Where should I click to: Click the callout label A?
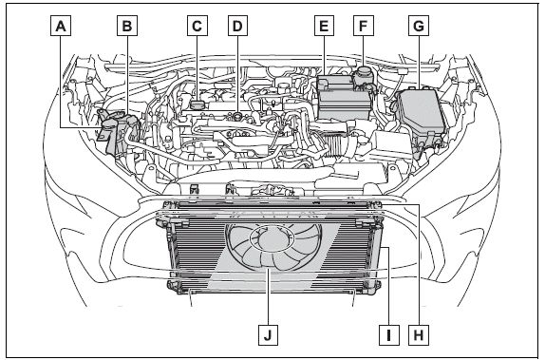[x=62, y=27]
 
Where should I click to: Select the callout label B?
[x=124, y=27]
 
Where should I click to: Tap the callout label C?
[x=196, y=27]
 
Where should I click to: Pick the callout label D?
[x=235, y=27]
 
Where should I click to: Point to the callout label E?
[x=325, y=27]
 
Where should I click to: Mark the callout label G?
[x=416, y=27]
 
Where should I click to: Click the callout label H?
[x=417, y=333]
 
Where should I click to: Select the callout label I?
[x=387, y=333]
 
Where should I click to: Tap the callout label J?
[x=269, y=333]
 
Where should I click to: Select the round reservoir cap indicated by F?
[x=361, y=74]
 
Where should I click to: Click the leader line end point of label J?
[x=269, y=271]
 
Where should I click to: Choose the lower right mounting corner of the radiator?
[x=382, y=283]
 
